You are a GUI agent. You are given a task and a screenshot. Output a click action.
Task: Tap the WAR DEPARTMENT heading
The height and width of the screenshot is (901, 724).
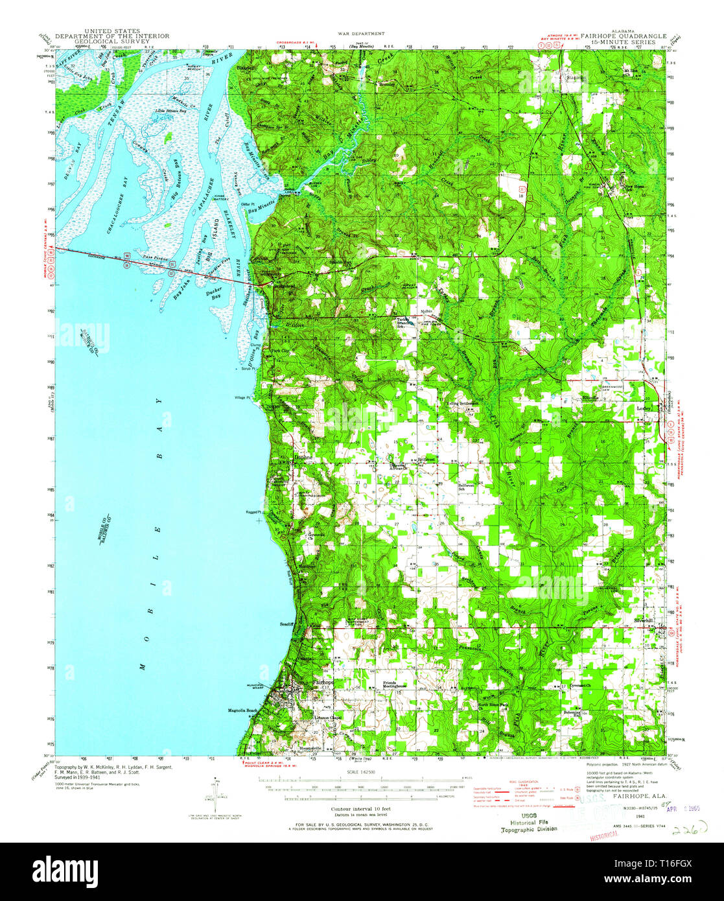pos(361,33)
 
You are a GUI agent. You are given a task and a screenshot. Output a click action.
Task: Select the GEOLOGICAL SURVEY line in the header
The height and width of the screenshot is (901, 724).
pos(112,41)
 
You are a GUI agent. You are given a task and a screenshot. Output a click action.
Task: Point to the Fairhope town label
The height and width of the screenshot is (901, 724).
pos(322,683)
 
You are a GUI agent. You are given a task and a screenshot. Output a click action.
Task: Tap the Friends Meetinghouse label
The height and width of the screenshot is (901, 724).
pos(398,685)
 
